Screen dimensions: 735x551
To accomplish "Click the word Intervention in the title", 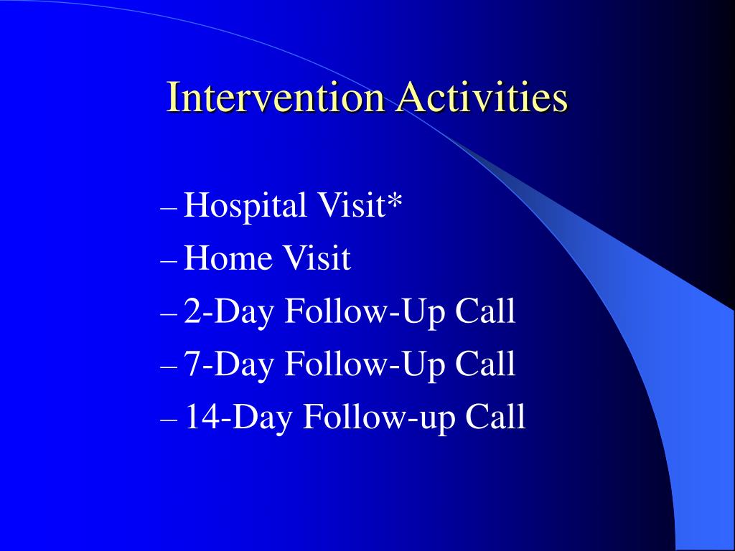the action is coord(275,97).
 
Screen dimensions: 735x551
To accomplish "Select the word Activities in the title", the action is coord(482,97).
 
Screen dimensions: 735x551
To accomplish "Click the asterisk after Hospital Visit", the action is coord(395,200).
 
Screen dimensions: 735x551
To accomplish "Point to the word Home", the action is coord(228,258).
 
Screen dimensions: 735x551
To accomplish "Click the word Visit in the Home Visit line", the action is coord(317,258).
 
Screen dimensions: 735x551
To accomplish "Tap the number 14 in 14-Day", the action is coord(202,416).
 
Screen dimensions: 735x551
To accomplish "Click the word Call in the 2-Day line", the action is coord(485,310).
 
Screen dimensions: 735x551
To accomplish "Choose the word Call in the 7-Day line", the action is coord(485,363).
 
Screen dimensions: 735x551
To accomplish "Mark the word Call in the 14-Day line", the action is coord(495,416).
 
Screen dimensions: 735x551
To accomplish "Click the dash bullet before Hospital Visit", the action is coord(169,208).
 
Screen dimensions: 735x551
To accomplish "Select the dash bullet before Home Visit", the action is coord(169,261).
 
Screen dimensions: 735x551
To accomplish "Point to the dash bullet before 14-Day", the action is coord(169,419).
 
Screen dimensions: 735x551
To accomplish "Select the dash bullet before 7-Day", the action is coord(169,367).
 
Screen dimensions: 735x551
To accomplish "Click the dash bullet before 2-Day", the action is coord(169,314).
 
